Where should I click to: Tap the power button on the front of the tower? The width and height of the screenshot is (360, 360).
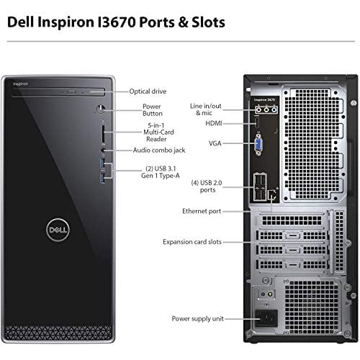[101, 111]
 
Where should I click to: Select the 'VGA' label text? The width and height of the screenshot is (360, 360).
[215, 143]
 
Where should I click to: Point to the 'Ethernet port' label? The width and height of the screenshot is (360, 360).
[202, 211]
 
